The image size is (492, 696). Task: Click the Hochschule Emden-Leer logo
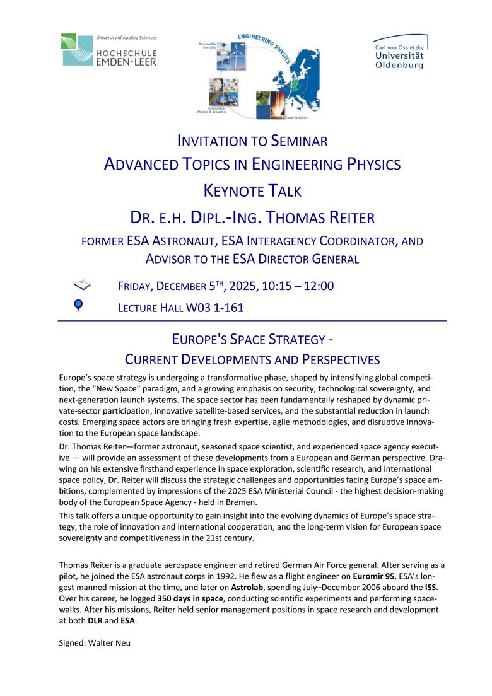tap(108, 50)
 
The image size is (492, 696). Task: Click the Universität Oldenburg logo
tap(400, 52)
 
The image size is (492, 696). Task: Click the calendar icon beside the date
tap(82, 286)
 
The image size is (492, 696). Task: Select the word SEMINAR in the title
tap(290, 140)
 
